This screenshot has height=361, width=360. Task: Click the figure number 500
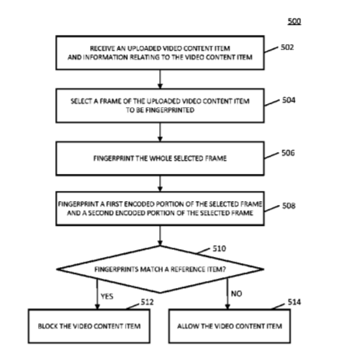click(294, 21)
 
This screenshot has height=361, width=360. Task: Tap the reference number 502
click(287, 47)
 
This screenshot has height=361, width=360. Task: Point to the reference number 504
click(289, 100)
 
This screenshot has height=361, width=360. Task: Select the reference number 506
click(288, 153)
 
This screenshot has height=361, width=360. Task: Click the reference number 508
click(289, 206)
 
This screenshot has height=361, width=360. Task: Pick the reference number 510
click(220, 248)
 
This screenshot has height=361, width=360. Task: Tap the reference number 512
click(147, 302)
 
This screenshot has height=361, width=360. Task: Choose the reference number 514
click(294, 302)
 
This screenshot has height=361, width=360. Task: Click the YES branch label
click(107, 296)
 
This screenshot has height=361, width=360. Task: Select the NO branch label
click(237, 293)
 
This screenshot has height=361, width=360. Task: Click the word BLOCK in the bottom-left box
click(48, 326)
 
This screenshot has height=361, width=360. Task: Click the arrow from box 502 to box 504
click(160, 79)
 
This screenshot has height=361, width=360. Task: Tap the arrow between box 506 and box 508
click(160, 183)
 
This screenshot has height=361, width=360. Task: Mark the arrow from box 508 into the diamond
click(160, 235)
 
